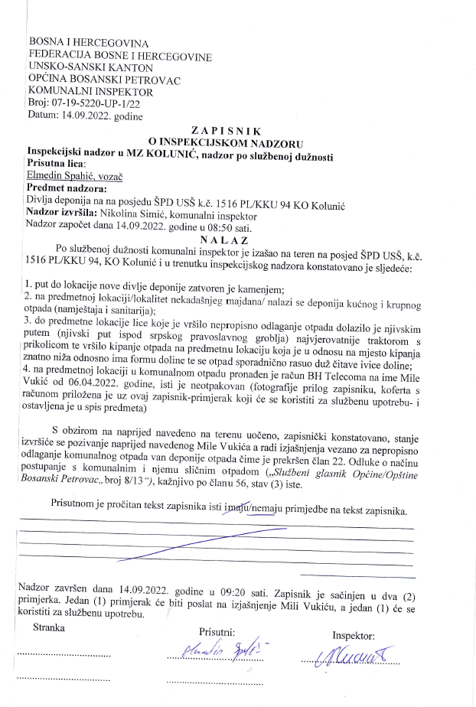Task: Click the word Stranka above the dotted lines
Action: (49, 627)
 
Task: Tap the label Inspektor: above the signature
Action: (354, 635)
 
